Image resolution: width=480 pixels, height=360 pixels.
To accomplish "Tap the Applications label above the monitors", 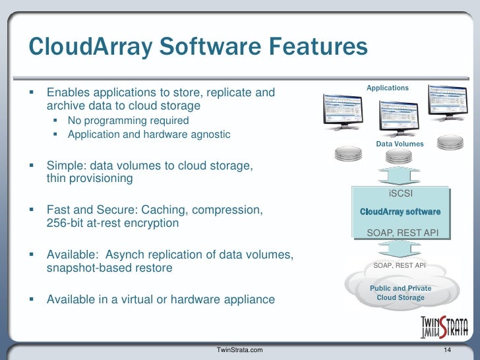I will point(388,88).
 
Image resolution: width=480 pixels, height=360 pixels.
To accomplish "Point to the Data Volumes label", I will point(400,144).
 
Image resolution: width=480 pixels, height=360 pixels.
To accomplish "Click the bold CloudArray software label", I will point(400,212).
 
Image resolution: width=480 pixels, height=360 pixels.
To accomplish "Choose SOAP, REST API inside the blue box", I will point(400,232).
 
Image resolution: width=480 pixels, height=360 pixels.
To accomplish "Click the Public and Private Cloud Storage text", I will point(400,293).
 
